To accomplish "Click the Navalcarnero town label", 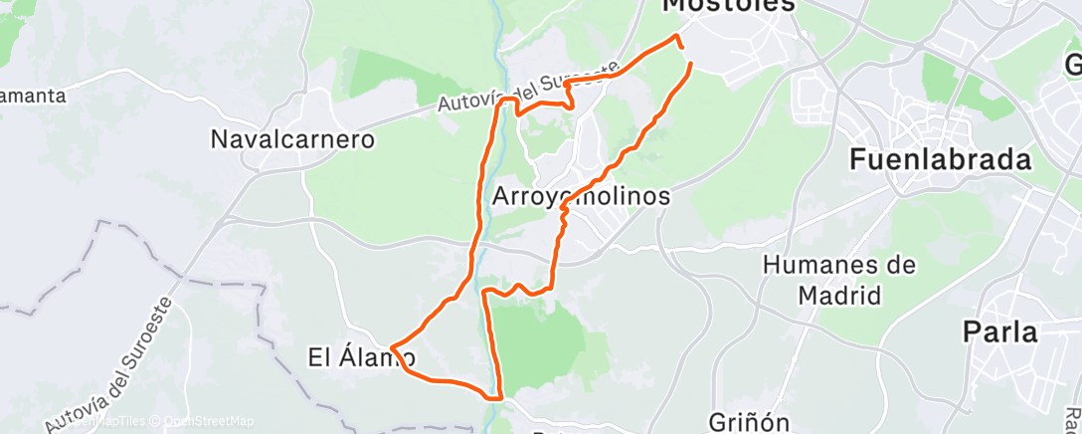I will [292, 139].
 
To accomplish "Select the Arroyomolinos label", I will [581, 196].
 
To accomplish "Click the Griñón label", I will [750, 421].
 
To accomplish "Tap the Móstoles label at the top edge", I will [729, 6].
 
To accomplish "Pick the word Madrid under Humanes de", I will [840, 296].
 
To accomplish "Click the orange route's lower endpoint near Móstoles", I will [689, 65].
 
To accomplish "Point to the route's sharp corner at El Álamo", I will [393, 348].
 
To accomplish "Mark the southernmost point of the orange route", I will [494, 397].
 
